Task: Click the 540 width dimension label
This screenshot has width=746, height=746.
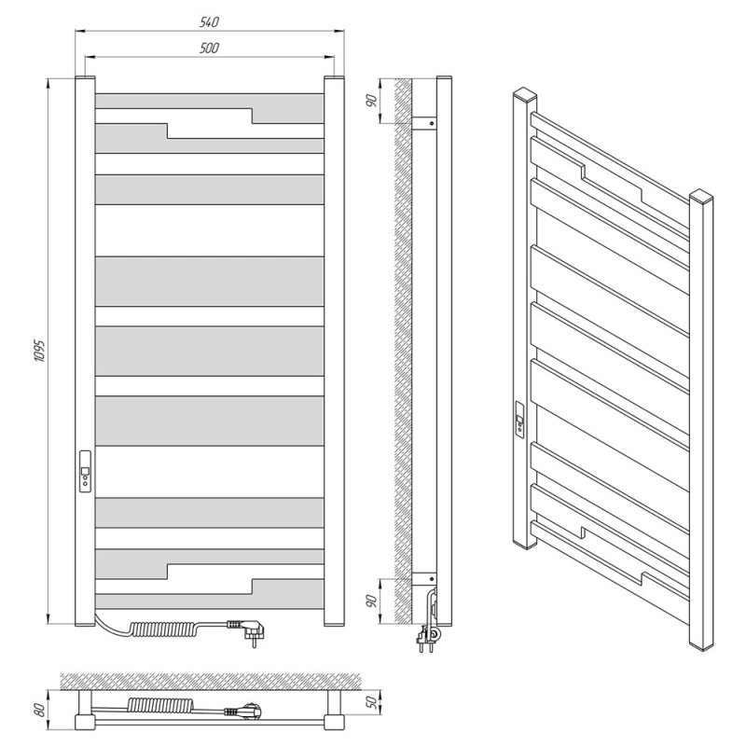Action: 209,22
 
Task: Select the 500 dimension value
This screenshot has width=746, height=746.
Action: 209,48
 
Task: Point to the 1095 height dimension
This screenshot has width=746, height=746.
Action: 39,351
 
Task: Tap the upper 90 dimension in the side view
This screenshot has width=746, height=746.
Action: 372,101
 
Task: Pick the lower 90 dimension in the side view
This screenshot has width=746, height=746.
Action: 372,601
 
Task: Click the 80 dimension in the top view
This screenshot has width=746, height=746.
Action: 41,710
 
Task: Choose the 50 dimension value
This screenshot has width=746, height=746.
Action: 375,702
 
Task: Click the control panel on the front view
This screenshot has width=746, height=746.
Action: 85,471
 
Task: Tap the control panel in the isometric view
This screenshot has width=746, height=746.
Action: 520,418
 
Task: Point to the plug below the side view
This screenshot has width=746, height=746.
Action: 427,638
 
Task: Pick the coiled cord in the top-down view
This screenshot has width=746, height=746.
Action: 160,704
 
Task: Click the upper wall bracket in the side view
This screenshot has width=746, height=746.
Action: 424,123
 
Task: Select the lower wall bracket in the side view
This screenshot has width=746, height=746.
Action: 424,578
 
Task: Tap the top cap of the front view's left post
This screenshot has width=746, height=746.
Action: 85,78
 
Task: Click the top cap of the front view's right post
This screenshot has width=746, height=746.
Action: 334,78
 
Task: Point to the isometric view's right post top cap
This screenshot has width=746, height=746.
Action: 701,196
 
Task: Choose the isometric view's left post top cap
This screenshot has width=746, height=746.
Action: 525,94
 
